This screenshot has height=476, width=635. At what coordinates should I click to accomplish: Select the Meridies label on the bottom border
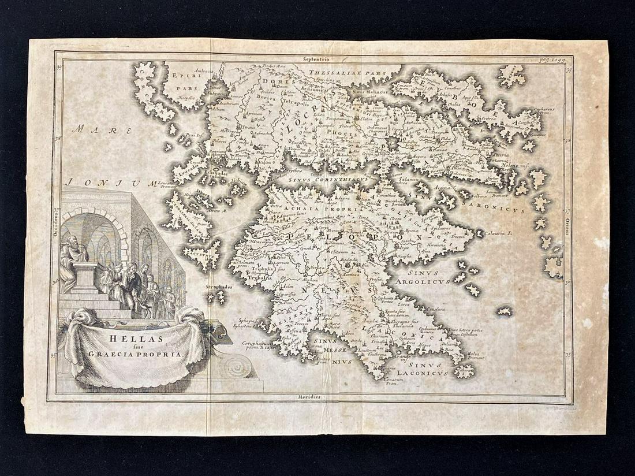click(311, 397)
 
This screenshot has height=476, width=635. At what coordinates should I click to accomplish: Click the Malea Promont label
click(475, 355)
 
